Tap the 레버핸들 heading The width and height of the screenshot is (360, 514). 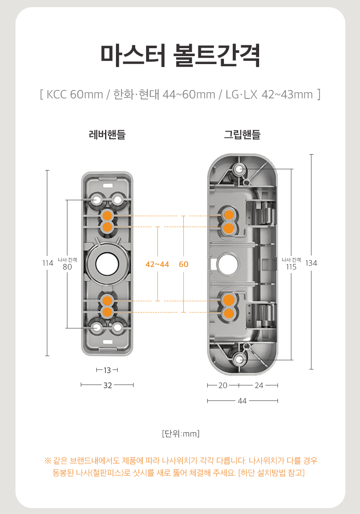click(x=107, y=134)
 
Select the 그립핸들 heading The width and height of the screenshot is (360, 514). click(x=242, y=134)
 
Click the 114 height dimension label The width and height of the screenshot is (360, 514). click(x=48, y=263)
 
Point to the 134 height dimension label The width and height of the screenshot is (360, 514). click(x=311, y=263)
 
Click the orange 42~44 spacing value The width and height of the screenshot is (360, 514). click(x=157, y=264)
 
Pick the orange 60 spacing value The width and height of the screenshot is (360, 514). click(x=183, y=264)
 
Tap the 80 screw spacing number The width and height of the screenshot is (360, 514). click(x=67, y=266)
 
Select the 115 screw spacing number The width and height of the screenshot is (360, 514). click(x=291, y=266)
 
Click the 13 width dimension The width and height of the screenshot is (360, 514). click(x=107, y=370)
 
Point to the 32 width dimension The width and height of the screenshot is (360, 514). click(x=108, y=385)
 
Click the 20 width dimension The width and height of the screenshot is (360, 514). click(x=223, y=385)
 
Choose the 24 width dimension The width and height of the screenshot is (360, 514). click(x=259, y=385)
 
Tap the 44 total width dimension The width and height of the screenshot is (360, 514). click(x=242, y=401)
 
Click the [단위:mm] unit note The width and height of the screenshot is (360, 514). click(x=180, y=434)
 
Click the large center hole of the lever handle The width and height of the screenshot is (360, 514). click(x=107, y=264)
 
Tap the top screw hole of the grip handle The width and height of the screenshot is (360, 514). click(x=240, y=169)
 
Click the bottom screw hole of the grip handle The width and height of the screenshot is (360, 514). click(x=240, y=359)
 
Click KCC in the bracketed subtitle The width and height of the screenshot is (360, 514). click(x=57, y=94)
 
